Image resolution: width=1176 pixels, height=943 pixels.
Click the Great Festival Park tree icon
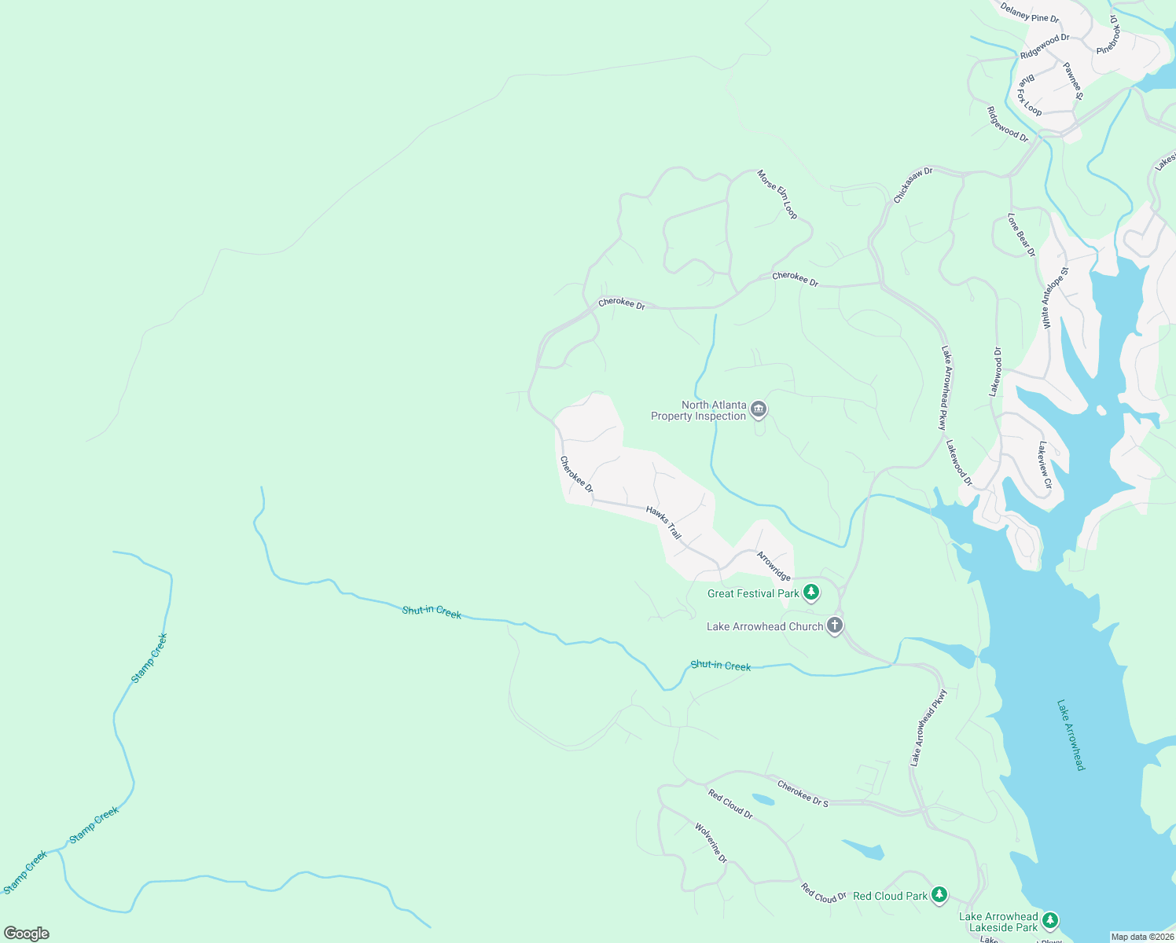tap(811, 593)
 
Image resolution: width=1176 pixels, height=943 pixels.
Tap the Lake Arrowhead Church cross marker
tap(835, 626)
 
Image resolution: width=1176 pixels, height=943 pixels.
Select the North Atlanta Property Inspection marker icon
tap(759, 409)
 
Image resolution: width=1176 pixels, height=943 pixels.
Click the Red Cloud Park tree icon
tap(939, 895)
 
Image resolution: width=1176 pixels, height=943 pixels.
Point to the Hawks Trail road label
tap(663, 522)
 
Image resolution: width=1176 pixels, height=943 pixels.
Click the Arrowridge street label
tap(774, 565)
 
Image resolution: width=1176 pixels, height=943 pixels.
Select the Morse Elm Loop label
tap(777, 194)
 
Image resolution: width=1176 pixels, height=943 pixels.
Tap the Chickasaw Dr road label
tap(913, 185)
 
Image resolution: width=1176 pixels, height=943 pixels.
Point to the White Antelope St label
tap(1055, 297)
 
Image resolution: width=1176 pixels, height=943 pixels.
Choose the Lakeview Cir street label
tap(1044, 464)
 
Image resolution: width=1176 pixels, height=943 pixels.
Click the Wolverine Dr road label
tap(711, 842)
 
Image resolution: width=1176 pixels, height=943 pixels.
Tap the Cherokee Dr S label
tap(803, 794)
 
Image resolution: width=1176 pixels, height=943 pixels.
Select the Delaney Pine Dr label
tap(1030, 13)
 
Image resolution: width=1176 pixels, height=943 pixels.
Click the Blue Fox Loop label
tap(1030, 97)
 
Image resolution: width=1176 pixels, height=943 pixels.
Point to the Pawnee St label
tap(1073, 81)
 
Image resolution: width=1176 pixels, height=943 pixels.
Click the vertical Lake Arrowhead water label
tap(1071, 735)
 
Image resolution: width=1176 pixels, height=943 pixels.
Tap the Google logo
tap(26, 933)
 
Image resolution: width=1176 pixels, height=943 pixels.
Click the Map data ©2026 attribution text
tap(1141, 936)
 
